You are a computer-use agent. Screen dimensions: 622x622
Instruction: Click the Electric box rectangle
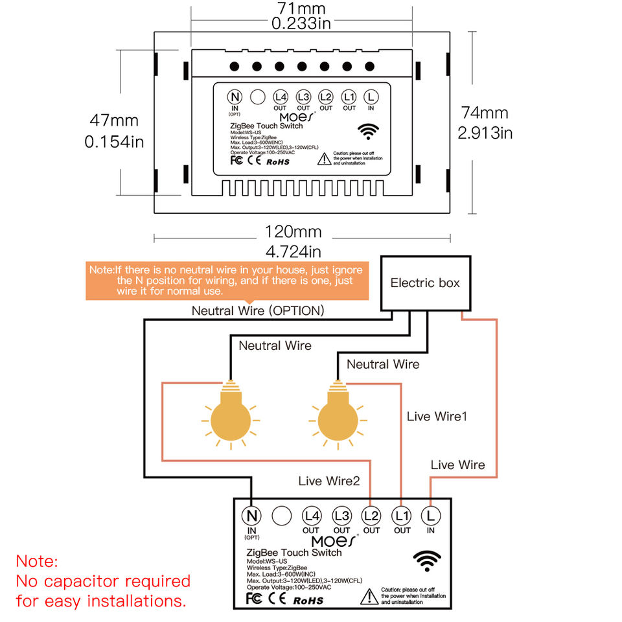click(x=425, y=283)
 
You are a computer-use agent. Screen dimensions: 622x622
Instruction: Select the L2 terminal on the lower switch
click(x=371, y=516)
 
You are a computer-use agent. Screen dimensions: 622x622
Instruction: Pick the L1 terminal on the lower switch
click(x=402, y=516)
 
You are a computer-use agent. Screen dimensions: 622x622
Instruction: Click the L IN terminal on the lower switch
click(x=430, y=516)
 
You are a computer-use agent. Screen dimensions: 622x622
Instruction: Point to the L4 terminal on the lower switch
click(x=312, y=516)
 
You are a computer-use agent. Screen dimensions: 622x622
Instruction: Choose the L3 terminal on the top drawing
click(x=303, y=97)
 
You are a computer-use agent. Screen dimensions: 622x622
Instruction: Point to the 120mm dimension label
click(x=294, y=231)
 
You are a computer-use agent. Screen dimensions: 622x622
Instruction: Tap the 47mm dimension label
click(x=114, y=121)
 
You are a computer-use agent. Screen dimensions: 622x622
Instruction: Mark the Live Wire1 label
click(x=437, y=416)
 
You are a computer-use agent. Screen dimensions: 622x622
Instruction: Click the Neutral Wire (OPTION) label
click(x=258, y=310)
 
